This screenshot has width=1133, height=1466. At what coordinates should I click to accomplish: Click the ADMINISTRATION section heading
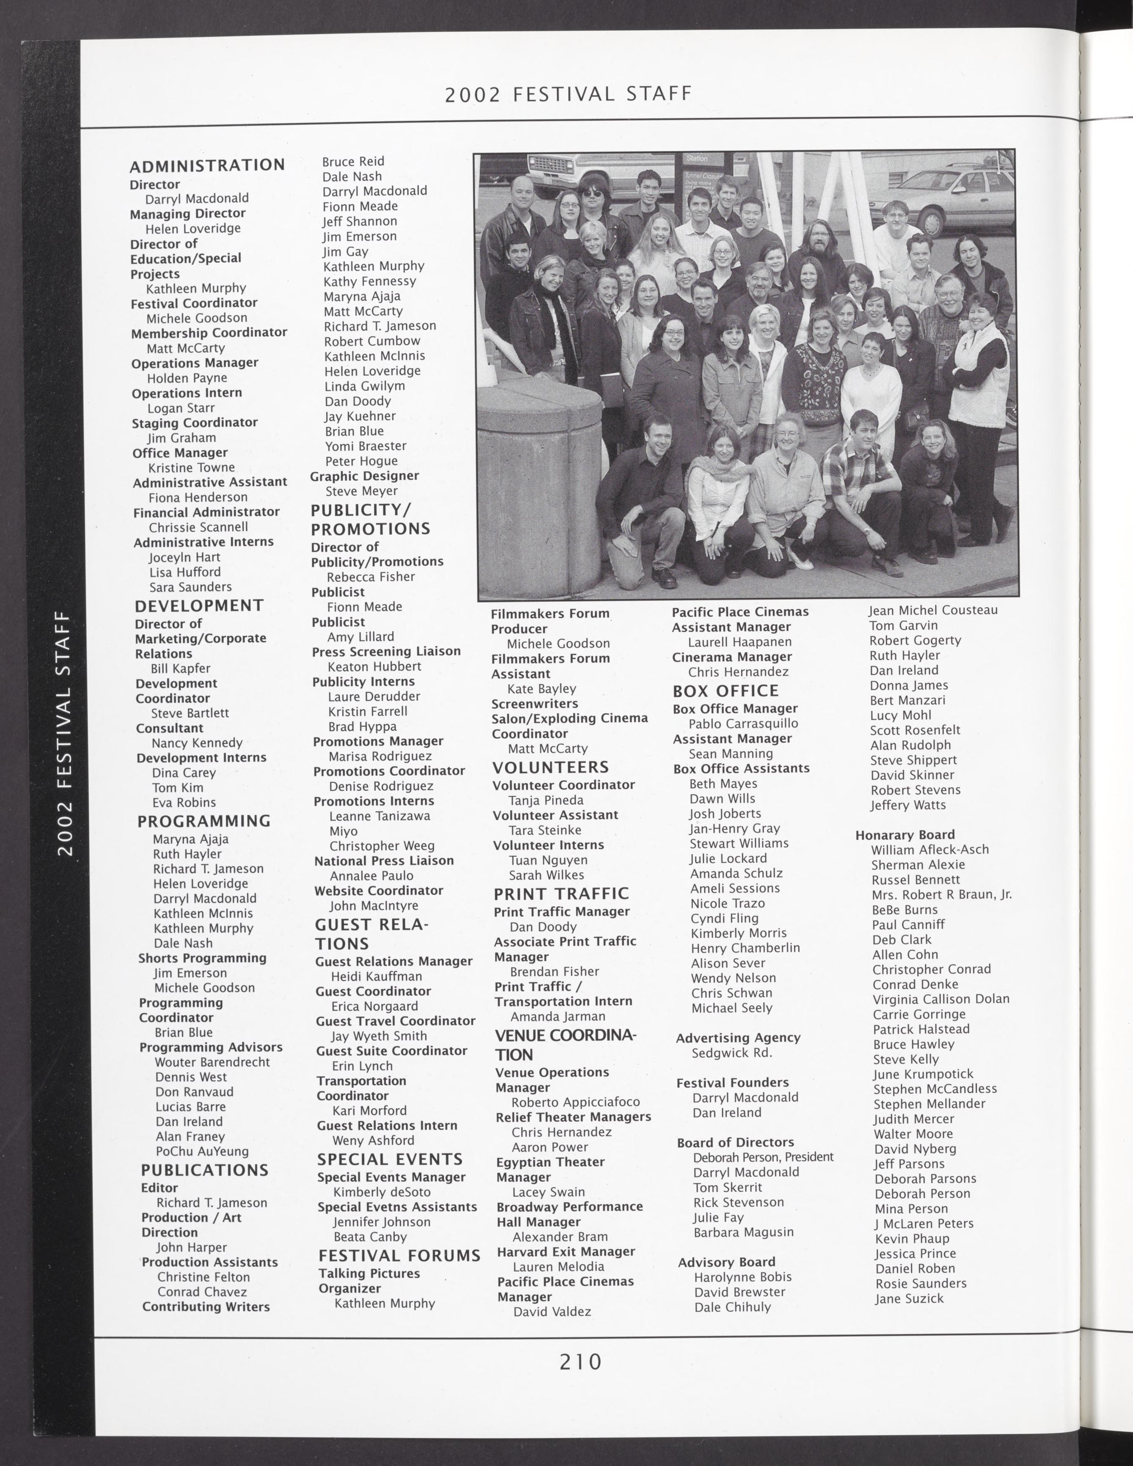tap(207, 165)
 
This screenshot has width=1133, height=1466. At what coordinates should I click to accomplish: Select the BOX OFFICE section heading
tap(726, 691)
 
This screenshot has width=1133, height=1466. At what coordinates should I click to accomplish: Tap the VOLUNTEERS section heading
tap(550, 767)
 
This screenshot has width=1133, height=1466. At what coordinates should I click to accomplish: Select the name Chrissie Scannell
tap(198, 527)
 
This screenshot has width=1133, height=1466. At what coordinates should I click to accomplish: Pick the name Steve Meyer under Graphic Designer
tap(362, 491)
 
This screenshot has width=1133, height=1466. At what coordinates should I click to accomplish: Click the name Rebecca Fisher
tap(371, 577)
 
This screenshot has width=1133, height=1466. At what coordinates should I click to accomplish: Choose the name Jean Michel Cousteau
tap(933, 610)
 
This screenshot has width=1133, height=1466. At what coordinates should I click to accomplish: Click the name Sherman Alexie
tap(918, 864)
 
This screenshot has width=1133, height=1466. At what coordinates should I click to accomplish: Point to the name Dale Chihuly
tap(732, 1307)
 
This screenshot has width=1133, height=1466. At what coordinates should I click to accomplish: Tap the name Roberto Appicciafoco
tap(575, 1102)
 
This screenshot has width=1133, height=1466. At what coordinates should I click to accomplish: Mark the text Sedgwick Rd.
tap(731, 1053)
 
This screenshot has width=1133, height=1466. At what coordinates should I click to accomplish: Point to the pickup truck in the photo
tap(580, 172)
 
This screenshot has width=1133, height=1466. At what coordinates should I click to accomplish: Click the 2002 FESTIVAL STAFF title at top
tap(568, 94)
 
